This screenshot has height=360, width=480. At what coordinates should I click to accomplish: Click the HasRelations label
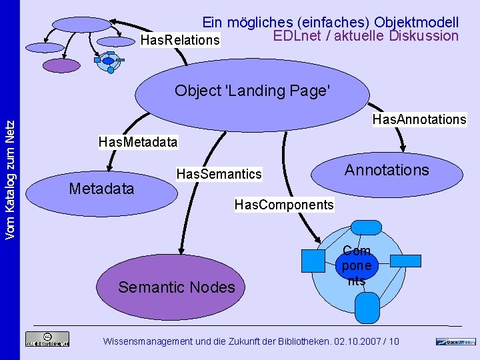(180, 41)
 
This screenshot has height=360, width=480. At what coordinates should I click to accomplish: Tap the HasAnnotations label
(419, 119)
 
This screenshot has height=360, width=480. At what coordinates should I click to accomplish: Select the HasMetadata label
(138, 142)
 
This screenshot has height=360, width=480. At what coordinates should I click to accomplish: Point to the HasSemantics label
(219, 174)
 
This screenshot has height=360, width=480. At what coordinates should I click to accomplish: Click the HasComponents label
(284, 205)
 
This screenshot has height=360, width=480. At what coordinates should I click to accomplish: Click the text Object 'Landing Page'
(252, 90)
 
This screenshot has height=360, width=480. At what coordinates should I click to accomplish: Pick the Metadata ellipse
(101, 189)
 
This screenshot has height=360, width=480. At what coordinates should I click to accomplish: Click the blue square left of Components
(312, 260)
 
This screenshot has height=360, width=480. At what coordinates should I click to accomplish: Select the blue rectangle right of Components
(405, 261)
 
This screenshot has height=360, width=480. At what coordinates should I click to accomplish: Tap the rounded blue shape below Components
(366, 308)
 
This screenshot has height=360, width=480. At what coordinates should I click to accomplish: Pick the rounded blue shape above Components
(366, 226)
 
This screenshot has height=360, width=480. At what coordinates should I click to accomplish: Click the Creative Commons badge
(47, 339)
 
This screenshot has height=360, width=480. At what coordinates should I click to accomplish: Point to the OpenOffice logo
(456, 341)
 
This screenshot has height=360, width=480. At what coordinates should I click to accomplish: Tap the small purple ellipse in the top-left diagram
(61, 65)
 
